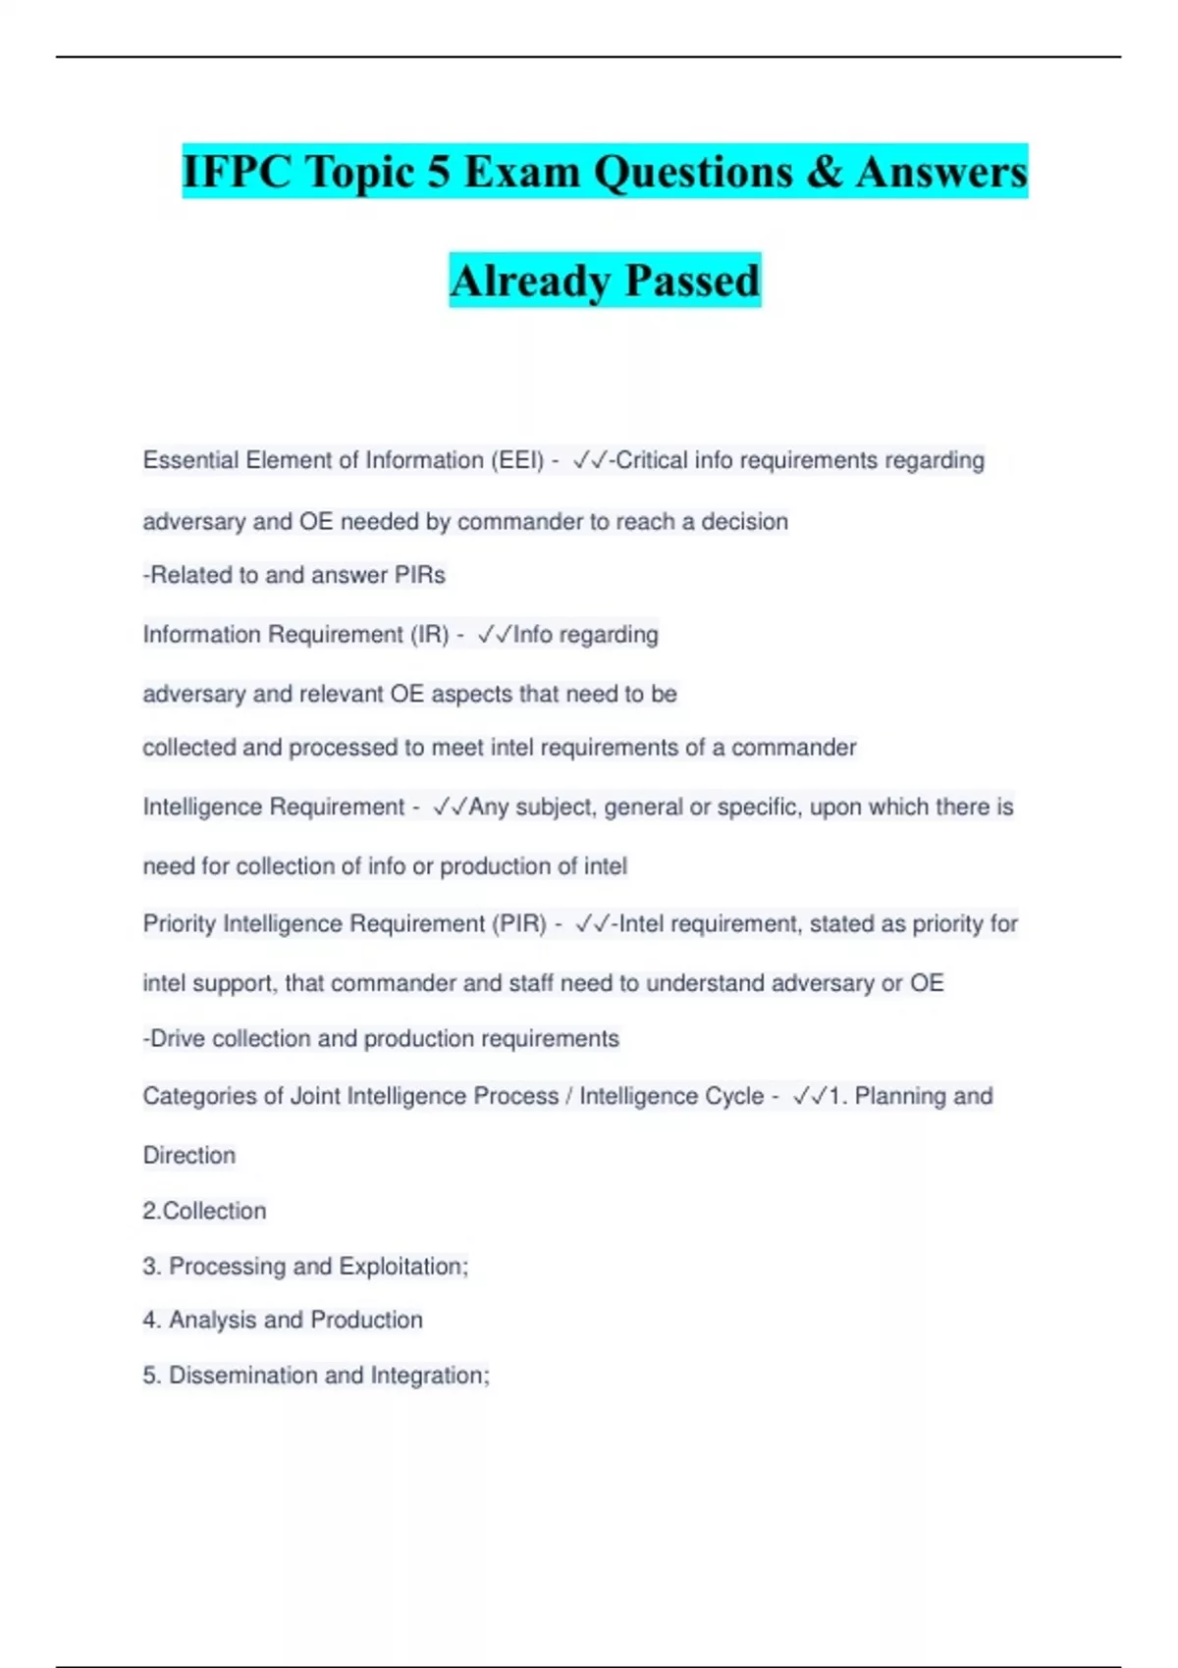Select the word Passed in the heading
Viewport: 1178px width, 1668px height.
692,281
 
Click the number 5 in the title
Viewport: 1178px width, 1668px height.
438,172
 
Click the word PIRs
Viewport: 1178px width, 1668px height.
419,575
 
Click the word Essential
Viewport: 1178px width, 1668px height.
190,460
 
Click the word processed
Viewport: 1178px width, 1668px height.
336,748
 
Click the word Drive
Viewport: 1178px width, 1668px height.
177,1038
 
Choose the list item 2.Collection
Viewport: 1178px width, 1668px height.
204,1211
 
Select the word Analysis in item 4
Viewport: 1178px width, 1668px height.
213,1320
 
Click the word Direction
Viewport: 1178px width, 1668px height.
189,1155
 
